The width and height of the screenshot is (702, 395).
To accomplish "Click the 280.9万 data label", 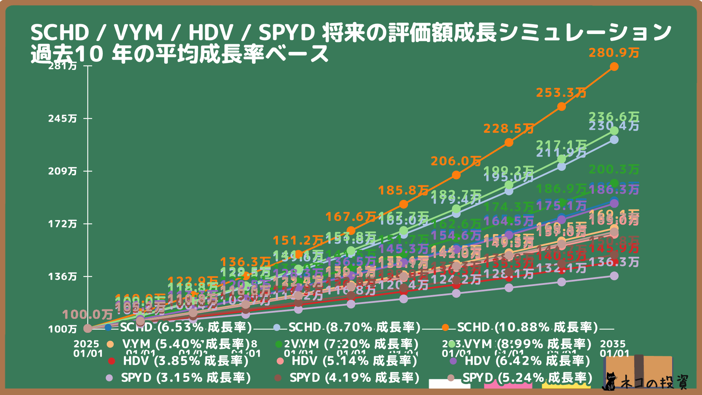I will (x=614, y=53).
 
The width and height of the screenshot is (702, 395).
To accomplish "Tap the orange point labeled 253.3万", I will (x=562, y=107).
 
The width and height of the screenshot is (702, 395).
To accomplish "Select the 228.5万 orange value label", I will (x=509, y=129).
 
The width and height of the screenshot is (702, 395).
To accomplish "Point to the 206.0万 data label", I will (x=456, y=161).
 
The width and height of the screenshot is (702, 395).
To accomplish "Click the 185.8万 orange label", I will (x=403, y=191).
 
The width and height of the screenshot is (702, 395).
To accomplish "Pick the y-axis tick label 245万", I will (x=63, y=118).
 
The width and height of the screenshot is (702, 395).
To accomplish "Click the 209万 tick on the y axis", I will (x=63, y=171).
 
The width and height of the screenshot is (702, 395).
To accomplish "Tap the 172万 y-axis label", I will (x=63, y=224).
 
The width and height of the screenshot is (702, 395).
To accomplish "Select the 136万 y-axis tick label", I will (x=63, y=276).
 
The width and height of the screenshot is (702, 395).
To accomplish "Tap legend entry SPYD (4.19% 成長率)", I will (x=354, y=378).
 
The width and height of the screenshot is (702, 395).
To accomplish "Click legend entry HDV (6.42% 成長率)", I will (x=527, y=361).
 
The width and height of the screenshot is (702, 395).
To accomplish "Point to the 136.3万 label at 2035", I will (x=614, y=262).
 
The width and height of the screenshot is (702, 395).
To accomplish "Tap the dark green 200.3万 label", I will (x=614, y=170).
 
